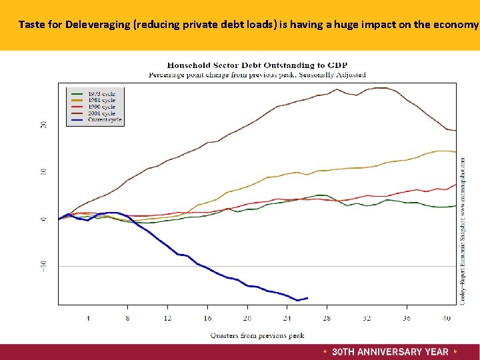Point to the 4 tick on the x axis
88,318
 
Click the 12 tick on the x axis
168,318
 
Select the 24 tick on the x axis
287,318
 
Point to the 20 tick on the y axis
43,125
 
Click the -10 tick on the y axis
43,265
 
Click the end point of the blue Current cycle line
307,297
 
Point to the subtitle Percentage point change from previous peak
257,75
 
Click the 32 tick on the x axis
367,318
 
